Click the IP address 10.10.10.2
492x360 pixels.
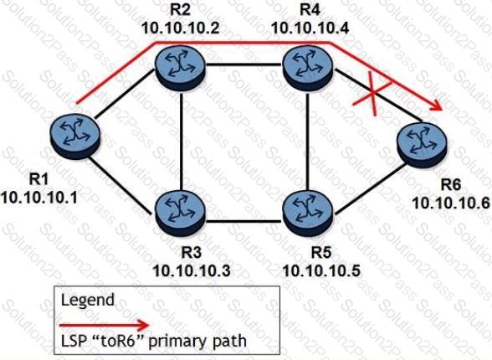[180, 28]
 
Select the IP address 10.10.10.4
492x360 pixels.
[310, 28]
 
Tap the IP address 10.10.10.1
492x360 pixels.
[38, 198]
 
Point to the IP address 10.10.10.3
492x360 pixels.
[192, 270]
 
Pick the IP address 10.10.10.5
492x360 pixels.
[321, 270]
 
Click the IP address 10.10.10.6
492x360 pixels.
[451, 203]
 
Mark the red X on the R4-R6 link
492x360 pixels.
[372, 94]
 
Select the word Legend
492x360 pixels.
[88, 300]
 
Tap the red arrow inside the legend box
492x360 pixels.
[105, 325]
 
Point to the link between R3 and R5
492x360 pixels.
[243, 222]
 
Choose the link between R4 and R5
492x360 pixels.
[308, 140]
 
